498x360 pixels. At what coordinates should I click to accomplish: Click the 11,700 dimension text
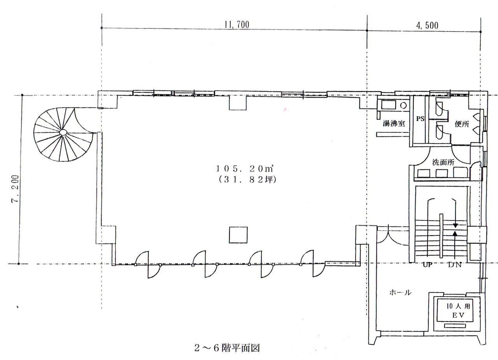tap(237, 25)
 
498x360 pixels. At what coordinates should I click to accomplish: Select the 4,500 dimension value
tap(427, 26)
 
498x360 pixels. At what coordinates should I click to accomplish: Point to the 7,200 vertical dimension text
tap(15, 189)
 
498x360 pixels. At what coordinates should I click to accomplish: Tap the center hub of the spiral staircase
tap(63, 133)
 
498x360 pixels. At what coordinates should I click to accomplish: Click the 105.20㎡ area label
tap(245, 169)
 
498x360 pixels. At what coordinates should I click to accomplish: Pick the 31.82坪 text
tap(247, 179)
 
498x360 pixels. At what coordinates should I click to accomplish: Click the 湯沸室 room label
tap(394, 123)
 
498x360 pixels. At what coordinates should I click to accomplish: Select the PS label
tap(420, 119)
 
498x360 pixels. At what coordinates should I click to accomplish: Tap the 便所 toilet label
tap(462, 124)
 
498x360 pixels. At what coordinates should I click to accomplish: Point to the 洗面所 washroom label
tap(443, 162)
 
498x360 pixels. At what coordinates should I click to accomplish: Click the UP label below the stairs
tap(427, 265)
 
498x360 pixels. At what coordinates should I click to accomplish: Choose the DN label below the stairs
tap(455, 265)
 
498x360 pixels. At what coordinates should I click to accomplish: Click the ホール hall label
tap(400, 292)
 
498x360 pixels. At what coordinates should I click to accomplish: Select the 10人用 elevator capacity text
tap(458, 306)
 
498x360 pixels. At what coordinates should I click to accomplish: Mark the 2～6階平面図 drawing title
tap(227, 348)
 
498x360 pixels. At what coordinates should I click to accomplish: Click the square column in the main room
tap(238, 235)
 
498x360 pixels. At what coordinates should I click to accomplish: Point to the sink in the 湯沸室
tap(388, 105)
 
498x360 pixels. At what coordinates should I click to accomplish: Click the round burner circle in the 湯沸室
tap(403, 105)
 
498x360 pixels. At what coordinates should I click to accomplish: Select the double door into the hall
tap(393, 236)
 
